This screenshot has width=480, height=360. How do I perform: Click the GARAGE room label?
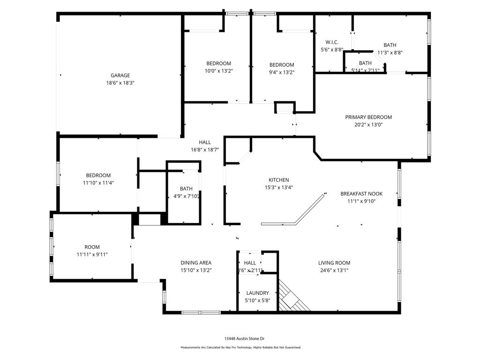[120, 75]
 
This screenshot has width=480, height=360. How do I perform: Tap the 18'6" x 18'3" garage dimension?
[120, 83]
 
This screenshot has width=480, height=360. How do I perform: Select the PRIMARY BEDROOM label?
[368, 117]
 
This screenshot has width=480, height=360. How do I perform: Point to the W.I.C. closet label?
[332, 42]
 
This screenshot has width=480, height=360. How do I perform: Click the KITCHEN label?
[278, 180]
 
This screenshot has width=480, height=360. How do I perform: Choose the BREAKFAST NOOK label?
[361, 194]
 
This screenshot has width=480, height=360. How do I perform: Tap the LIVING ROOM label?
[334, 263]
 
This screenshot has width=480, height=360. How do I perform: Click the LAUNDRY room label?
[257, 293]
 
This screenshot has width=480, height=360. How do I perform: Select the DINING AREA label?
[196, 263]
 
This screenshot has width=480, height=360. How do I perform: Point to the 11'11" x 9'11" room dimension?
[92, 255]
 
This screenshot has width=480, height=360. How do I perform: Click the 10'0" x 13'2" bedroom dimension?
[218, 71]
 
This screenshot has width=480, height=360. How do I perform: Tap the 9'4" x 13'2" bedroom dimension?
[281, 72]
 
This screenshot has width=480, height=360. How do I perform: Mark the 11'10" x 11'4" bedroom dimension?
[98, 183]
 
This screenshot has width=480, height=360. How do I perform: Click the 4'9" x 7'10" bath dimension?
[186, 196]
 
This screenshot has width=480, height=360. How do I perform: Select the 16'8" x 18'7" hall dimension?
[204, 150]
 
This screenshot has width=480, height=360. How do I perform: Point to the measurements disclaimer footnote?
[240, 347]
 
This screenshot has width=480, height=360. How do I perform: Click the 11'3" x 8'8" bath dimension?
[390, 52]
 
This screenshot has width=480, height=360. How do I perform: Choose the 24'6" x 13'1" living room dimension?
[334, 270]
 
